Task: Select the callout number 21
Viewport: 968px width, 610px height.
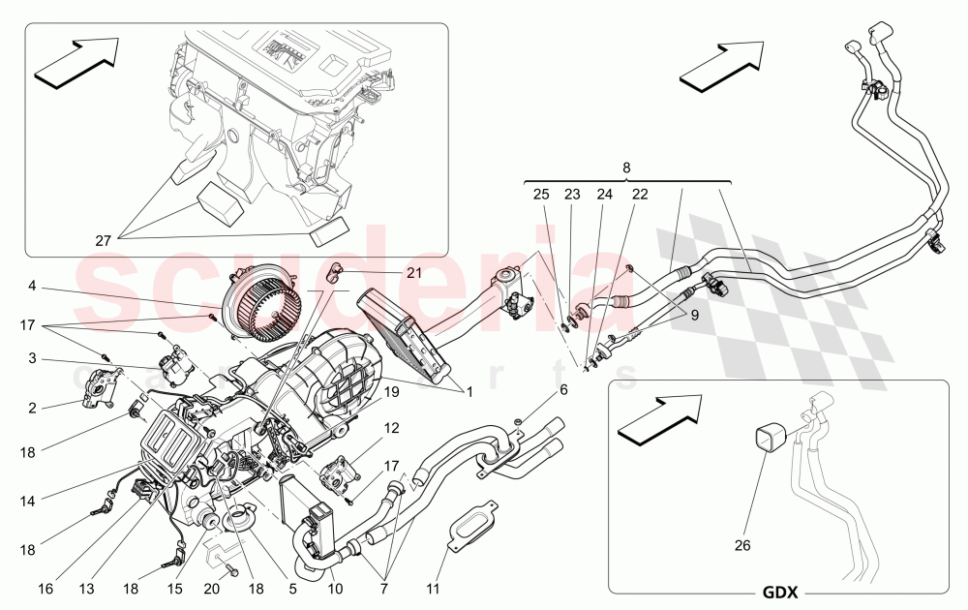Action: (x=414, y=274)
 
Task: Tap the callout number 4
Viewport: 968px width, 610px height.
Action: (x=32, y=286)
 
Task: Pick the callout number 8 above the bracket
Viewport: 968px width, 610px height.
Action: (x=626, y=168)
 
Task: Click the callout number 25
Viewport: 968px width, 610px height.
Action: (x=541, y=195)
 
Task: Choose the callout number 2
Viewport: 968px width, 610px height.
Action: (x=32, y=408)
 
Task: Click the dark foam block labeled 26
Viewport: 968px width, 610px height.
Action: (x=771, y=441)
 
